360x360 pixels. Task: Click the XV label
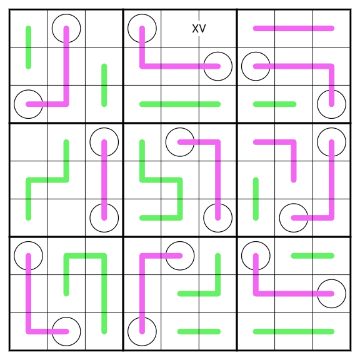[199, 29]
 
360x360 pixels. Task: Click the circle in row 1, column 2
[66, 14]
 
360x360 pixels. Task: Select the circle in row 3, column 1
[29, 90]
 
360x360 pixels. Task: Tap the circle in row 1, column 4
[142, 14]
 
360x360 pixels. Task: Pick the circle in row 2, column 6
[218, 52]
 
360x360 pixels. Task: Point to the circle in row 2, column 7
[256, 52]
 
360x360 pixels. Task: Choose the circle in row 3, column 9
[331, 90]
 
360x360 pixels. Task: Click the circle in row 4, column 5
[180, 128]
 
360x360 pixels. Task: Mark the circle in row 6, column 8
[294, 204]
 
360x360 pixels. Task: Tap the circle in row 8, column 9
[331, 279]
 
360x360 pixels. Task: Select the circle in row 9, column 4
[142, 317]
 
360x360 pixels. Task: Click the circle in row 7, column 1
[29, 241]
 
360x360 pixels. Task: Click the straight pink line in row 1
[294, 29]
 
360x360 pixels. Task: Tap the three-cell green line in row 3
[180, 104]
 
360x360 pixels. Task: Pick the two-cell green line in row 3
[274, 104]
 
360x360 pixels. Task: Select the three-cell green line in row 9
[294, 331]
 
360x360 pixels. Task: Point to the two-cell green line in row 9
[199, 331]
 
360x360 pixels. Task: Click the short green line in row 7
[312, 256]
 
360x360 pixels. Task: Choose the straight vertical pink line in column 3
[104, 180]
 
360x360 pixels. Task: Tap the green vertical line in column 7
[256, 199]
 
